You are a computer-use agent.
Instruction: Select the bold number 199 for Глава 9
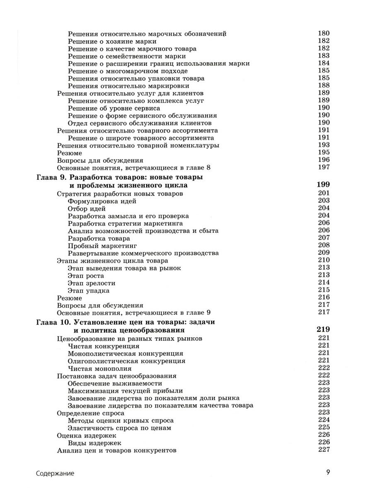pyautogui.click(x=323, y=185)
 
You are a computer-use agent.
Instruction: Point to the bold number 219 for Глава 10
pyautogui.click(x=323, y=330)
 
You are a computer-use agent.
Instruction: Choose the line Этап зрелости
pyautogui.click(x=91, y=283)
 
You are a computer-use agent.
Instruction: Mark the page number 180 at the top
pyautogui.click(x=323, y=34)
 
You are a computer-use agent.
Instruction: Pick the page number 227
pyautogui.click(x=323, y=450)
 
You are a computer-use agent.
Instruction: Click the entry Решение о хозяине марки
pyautogui.click(x=112, y=41)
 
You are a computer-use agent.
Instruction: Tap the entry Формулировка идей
pyautogui.click(x=102, y=201)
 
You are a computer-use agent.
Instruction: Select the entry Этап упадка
pyautogui.click(x=88, y=290)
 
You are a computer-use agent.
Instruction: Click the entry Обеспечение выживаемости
pyautogui.click(x=109, y=383)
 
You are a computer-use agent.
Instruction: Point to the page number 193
pyautogui.click(x=323, y=145)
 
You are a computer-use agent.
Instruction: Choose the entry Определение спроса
pyautogui.click(x=90, y=413)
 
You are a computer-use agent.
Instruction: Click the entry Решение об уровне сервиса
pyautogui.click(x=114, y=108)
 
